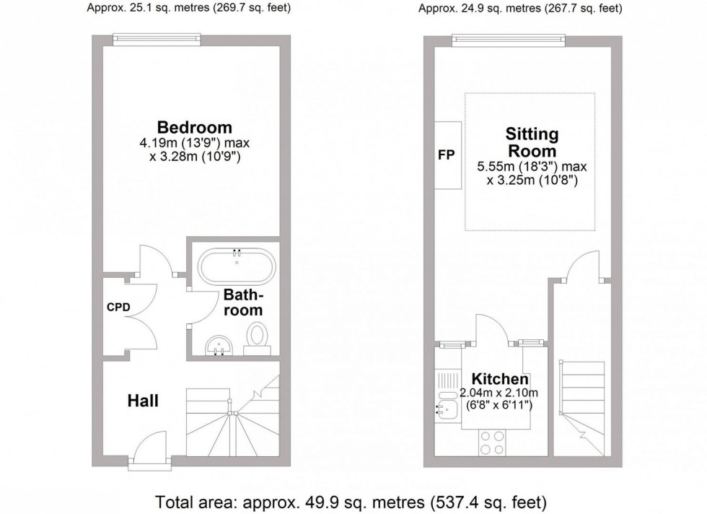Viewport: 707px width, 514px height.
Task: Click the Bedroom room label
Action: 196,127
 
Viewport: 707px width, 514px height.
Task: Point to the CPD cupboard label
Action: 118,307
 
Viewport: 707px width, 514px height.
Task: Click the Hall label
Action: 143,401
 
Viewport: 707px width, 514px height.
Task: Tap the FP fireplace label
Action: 447,155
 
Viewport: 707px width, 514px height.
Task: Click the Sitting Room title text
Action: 532,142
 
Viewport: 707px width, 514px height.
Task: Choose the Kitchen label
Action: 500,379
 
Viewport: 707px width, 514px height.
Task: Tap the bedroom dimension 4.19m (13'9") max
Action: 195,143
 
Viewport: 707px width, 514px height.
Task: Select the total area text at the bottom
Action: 351,500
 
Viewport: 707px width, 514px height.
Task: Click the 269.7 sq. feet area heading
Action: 180,9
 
